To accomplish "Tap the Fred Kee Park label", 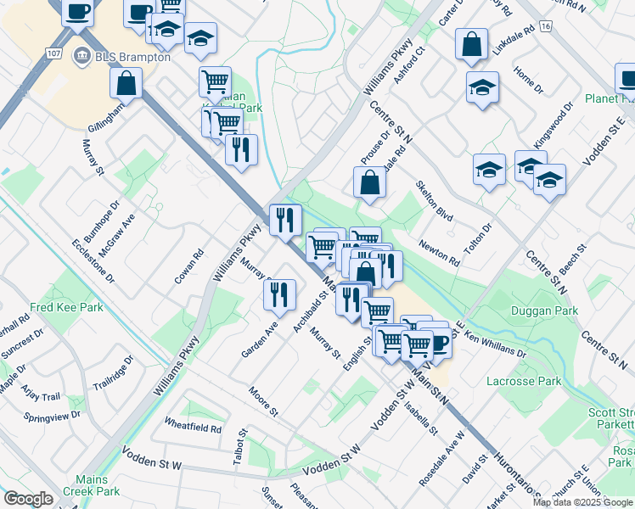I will (67, 307).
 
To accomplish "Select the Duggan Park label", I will (544, 311).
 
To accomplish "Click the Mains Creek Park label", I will (97, 484).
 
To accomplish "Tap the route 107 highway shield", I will (54, 53).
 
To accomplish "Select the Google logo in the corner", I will (28, 499).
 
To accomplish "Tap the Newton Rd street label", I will (438, 252).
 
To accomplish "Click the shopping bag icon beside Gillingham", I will (126, 82).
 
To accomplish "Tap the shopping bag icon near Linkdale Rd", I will (471, 44).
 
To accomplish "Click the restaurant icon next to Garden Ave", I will (279, 294).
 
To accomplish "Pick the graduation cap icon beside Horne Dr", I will (482, 87).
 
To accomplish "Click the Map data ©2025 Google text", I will (582, 501).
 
